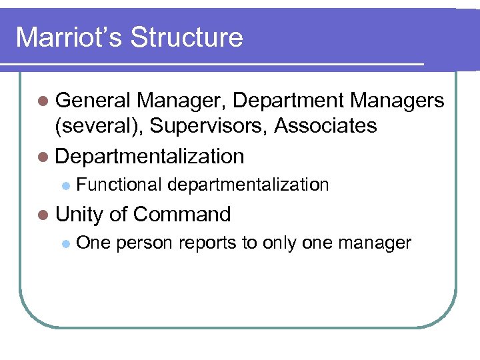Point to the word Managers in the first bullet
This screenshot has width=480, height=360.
pyautogui.click(x=397, y=101)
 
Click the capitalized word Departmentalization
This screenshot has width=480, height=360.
pyautogui.click(x=150, y=157)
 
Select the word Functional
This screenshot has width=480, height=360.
pyautogui.click(x=119, y=185)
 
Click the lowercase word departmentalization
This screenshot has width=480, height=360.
pyautogui.click(x=249, y=185)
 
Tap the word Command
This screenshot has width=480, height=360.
pyautogui.click(x=182, y=214)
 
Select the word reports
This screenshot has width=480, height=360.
pyautogui.click(x=207, y=243)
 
